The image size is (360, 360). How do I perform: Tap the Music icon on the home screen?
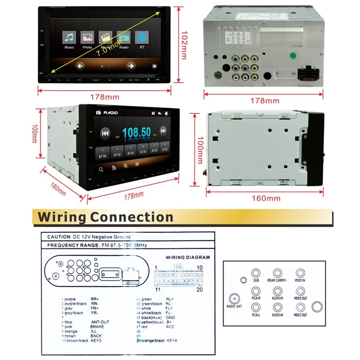tap(69, 37)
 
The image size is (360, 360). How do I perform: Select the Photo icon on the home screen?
tap(87, 37)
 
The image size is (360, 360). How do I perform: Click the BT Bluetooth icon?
tap(142, 37)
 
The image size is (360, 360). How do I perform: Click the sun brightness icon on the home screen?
tap(155, 66)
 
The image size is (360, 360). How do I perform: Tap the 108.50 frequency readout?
tap(136, 132)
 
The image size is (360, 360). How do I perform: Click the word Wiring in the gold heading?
tap(62, 217)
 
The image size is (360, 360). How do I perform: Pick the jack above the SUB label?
tap(256, 274)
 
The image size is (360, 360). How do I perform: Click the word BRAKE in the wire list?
tap(97, 326)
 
